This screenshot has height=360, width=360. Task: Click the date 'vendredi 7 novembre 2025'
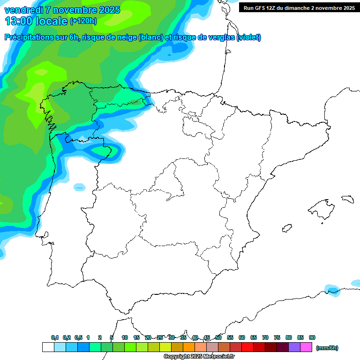pos(62,10)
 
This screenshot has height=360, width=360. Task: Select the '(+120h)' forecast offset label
pos(83,21)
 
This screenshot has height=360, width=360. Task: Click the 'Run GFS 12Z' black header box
pos(299,7)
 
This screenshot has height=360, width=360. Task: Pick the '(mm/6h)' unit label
pos(327,348)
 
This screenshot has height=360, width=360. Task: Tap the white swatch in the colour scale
pos(48,347)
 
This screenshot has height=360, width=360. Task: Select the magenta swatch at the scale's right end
pos(306,347)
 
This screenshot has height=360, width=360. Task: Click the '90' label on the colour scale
pos(312,337)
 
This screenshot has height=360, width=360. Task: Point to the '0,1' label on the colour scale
pos(55,337)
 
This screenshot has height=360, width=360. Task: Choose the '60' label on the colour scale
pos(242,337)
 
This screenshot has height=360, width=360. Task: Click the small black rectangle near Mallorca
pos(347,199)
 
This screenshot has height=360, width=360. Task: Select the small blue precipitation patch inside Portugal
pos(79,187)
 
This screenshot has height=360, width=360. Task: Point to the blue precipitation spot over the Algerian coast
pos(332,289)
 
